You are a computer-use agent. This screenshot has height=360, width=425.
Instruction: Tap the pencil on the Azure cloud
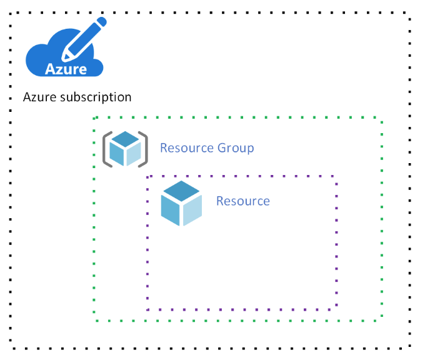tap(84, 39)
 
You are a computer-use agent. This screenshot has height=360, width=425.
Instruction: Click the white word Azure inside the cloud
tap(66, 69)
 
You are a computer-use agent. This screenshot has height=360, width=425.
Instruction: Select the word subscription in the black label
tap(96, 97)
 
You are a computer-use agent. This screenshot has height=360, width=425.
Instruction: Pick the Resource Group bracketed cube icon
tap(125, 149)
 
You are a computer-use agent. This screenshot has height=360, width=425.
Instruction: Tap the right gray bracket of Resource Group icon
tap(143, 149)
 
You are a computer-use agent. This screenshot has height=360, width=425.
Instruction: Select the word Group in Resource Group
tap(236, 148)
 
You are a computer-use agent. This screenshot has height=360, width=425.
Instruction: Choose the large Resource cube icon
tap(181, 203)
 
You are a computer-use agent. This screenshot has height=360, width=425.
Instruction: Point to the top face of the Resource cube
tap(181, 191)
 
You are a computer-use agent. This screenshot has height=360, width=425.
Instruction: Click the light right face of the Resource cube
tap(192, 211)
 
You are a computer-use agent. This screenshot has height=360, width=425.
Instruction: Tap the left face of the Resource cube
tap(170, 211)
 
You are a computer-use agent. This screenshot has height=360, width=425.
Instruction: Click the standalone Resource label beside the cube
tap(243, 201)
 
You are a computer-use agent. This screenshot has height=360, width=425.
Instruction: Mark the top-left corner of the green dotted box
tap(94, 118)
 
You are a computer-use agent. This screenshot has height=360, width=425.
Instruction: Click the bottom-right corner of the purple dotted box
tap(337, 309)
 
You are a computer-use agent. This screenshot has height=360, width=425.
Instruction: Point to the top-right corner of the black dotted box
tap(410, 12)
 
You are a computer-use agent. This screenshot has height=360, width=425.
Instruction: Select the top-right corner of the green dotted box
tap(382, 117)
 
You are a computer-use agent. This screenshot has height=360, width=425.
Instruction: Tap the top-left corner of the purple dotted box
tap(147, 177)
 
